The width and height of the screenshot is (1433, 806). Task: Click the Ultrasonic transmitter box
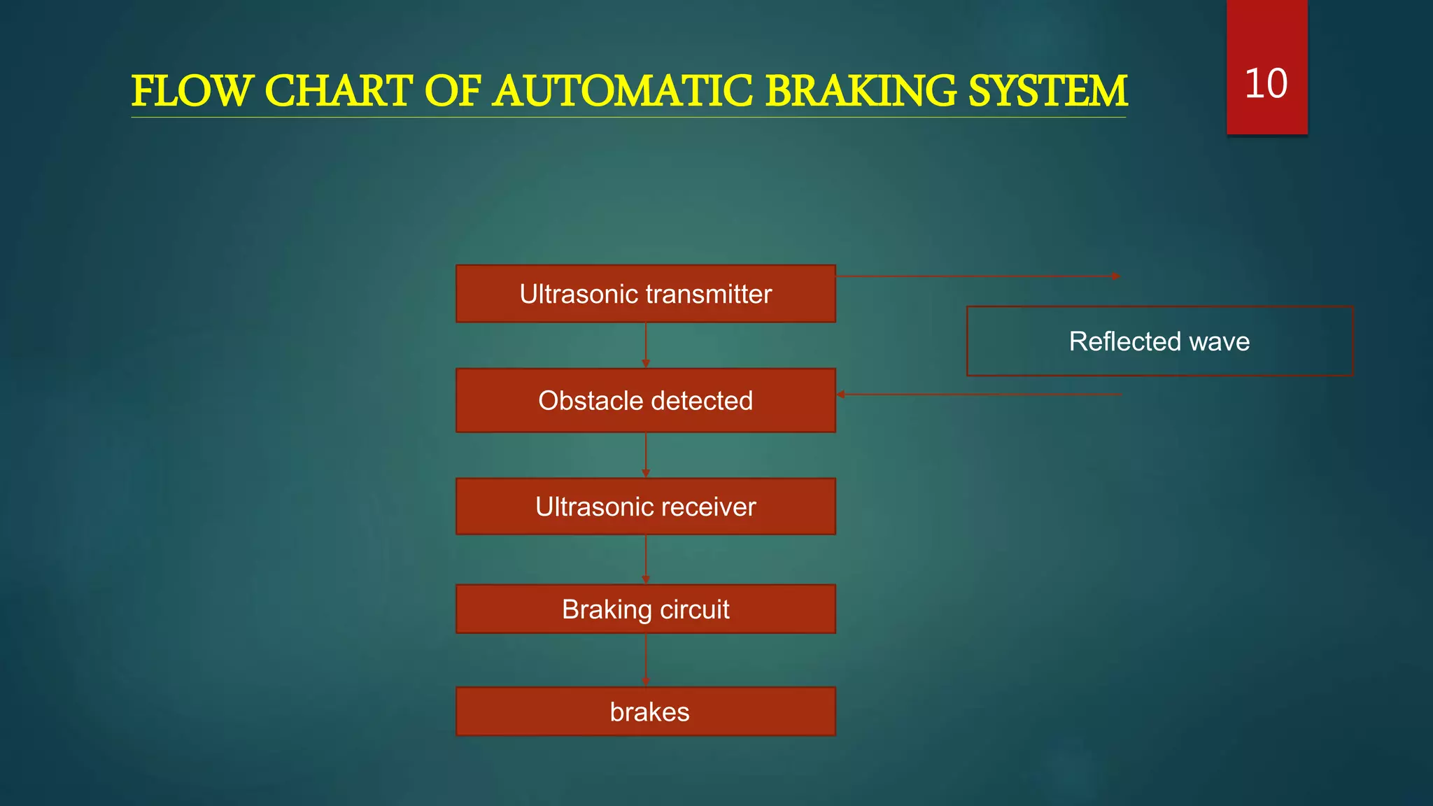click(645, 294)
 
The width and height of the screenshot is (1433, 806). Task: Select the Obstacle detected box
click(645, 400)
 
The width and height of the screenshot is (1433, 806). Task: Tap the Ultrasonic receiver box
click(645, 507)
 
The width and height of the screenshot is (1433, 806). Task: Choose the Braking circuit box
click(645, 609)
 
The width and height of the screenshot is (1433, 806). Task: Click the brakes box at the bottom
click(645, 712)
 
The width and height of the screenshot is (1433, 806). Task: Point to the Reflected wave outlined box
click(1159, 341)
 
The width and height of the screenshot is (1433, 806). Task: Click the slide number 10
click(1266, 84)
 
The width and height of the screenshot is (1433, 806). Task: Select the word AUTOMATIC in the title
click(623, 92)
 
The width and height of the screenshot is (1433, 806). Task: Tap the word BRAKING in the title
click(860, 92)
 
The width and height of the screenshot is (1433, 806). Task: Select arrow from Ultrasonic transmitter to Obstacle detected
click(645, 345)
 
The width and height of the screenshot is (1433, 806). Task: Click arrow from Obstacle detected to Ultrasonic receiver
click(645, 455)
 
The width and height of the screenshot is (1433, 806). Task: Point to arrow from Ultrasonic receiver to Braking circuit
click(645, 559)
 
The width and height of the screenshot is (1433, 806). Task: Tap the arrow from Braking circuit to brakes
click(645, 660)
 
